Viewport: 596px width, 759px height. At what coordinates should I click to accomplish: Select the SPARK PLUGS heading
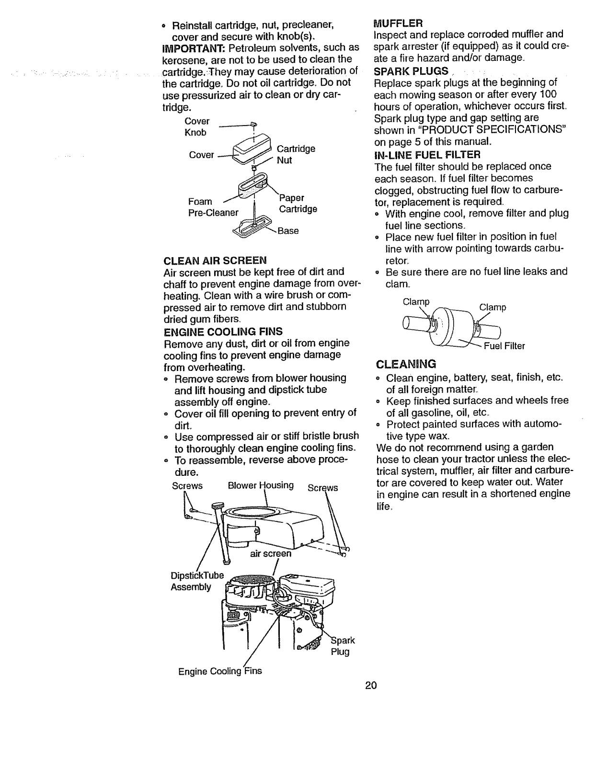pos(411,71)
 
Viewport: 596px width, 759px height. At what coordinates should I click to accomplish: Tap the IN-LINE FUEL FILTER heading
pos(426,155)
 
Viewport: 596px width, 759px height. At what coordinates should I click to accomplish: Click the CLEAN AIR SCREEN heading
pos(215,260)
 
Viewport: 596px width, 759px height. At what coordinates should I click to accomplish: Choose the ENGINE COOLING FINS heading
pos(223,332)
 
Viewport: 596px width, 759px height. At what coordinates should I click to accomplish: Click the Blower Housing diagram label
pos(261,485)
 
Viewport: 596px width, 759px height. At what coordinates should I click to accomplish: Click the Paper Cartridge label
pos(298,203)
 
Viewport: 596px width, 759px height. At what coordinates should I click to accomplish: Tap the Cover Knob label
pos(196,126)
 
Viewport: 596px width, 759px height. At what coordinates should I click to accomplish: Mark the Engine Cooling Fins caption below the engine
pos(220,671)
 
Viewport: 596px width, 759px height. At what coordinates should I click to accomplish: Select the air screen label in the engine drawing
pos(270,554)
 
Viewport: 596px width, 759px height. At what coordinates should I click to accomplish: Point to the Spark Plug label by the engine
pos(343,646)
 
